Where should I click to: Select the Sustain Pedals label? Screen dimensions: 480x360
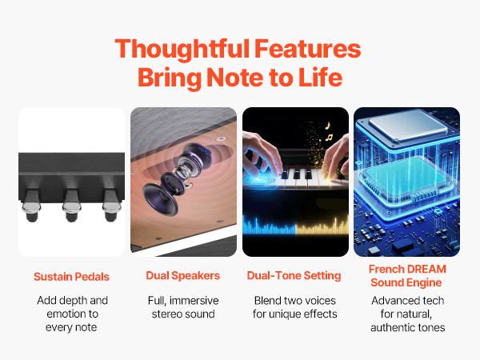pos(71,277)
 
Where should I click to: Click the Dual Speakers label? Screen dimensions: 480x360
pos(182,275)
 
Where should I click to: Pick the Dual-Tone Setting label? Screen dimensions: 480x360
pos(294,275)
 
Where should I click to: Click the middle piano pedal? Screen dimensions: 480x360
pos(72,205)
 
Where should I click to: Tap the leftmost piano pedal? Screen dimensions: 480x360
pos(31,205)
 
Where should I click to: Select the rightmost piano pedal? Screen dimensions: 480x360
pos(111,205)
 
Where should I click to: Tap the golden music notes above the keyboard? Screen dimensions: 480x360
pos(328,131)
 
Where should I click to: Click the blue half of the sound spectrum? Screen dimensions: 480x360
pos(270,226)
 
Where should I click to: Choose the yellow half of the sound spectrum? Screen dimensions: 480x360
pos(322,226)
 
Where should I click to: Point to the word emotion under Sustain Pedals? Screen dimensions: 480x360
pos(63,314)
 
